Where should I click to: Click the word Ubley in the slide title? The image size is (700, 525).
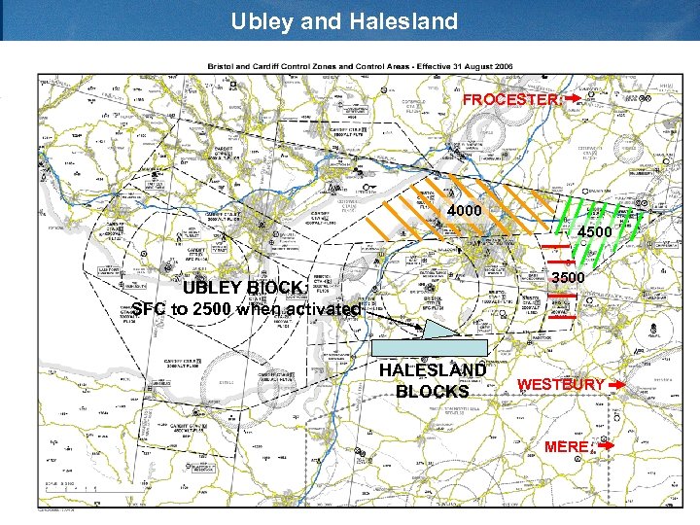261,20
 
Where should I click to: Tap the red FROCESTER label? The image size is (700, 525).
511,100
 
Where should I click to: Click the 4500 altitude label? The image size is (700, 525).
594,233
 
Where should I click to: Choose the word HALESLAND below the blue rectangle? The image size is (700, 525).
433,370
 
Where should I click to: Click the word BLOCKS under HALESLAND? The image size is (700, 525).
433,392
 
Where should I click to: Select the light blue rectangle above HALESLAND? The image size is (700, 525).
431,347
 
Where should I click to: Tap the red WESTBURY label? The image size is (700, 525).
561,385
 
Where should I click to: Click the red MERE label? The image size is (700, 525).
567,446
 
